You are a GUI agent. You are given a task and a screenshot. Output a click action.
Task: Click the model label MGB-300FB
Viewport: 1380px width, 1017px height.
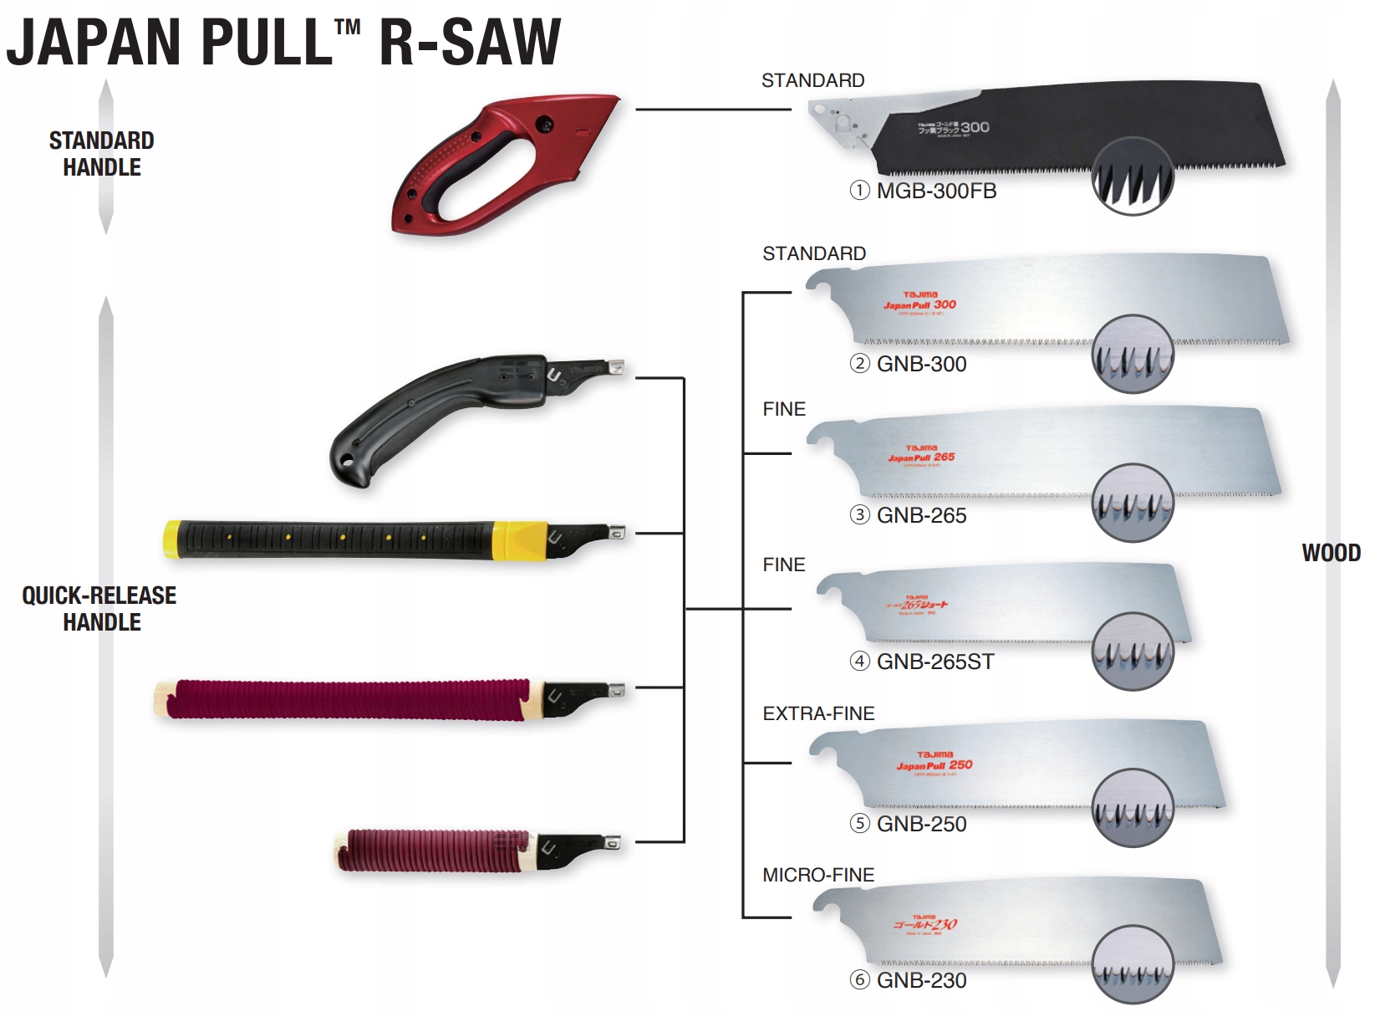pyautogui.click(x=936, y=192)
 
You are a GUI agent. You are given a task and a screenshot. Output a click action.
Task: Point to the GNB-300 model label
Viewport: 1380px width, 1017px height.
pyautogui.click(x=921, y=365)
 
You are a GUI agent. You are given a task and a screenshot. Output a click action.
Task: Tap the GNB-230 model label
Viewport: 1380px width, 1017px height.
pyautogui.click(x=921, y=981)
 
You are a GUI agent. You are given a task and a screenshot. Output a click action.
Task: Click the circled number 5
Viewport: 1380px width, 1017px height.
pyautogui.click(x=859, y=824)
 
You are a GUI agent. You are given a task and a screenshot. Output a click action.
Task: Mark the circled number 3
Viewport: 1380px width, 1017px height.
pyautogui.click(x=859, y=515)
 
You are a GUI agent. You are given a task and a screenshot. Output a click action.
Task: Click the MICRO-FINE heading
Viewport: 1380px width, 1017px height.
pyautogui.click(x=818, y=875)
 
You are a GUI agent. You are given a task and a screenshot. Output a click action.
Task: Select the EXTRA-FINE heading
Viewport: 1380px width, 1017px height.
pyautogui.click(x=818, y=713)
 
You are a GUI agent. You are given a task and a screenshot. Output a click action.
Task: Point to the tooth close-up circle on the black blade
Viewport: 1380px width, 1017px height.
pyautogui.click(x=1133, y=176)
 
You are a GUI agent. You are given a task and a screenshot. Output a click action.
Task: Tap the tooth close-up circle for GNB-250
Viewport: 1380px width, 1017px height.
pyautogui.click(x=1133, y=808)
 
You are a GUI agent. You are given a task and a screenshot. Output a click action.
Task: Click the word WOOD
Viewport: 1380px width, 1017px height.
pyautogui.click(x=1331, y=553)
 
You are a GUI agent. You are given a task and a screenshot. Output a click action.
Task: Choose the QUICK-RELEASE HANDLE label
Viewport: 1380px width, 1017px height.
pyautogui.click(x=100, y=608)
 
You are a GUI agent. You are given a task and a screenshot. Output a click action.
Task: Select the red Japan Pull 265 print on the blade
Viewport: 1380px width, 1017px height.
pyautogui.click(x=921, y=457)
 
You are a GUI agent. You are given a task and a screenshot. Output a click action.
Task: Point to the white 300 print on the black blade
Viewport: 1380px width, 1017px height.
pyautogui.click(x=975, y=127)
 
